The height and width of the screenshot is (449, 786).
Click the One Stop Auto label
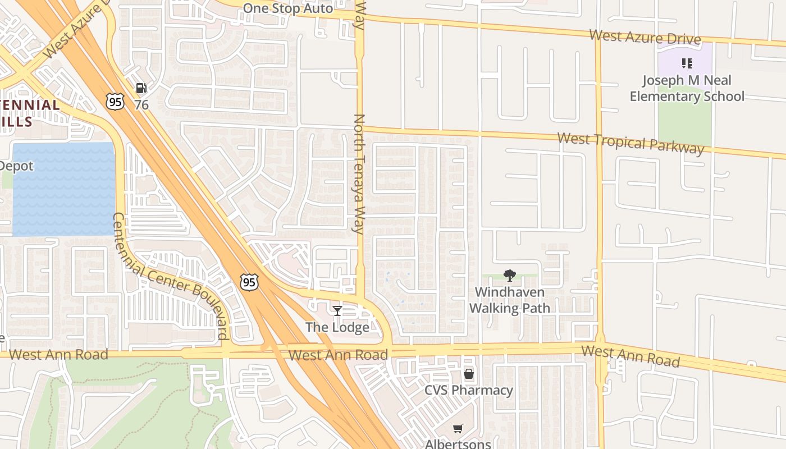[288, 8]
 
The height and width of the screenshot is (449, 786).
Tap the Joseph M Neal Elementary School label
[687, 88]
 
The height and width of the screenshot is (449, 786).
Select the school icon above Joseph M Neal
[687, 63]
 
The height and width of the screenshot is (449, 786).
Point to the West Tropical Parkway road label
[630, 143]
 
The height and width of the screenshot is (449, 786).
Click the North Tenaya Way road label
[359, 173]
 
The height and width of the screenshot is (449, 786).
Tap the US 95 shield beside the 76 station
[115, 102]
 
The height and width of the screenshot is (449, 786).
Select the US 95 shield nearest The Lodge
[249, 282]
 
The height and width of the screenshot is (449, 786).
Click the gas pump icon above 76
[141, 88]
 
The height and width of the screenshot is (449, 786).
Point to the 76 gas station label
[141, 104]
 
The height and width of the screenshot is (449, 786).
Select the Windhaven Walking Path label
[510, 300]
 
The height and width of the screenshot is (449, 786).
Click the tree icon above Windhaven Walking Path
[510, 275]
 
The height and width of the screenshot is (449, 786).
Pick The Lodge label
[337, 327]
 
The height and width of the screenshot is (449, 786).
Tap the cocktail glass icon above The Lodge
[337, 311]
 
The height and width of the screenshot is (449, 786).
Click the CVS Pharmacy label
[468, 390]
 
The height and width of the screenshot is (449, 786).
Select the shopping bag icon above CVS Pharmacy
[468, 374]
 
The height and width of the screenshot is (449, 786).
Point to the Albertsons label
[458, 444]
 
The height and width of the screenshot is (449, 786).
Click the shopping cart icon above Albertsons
[458, 429]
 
